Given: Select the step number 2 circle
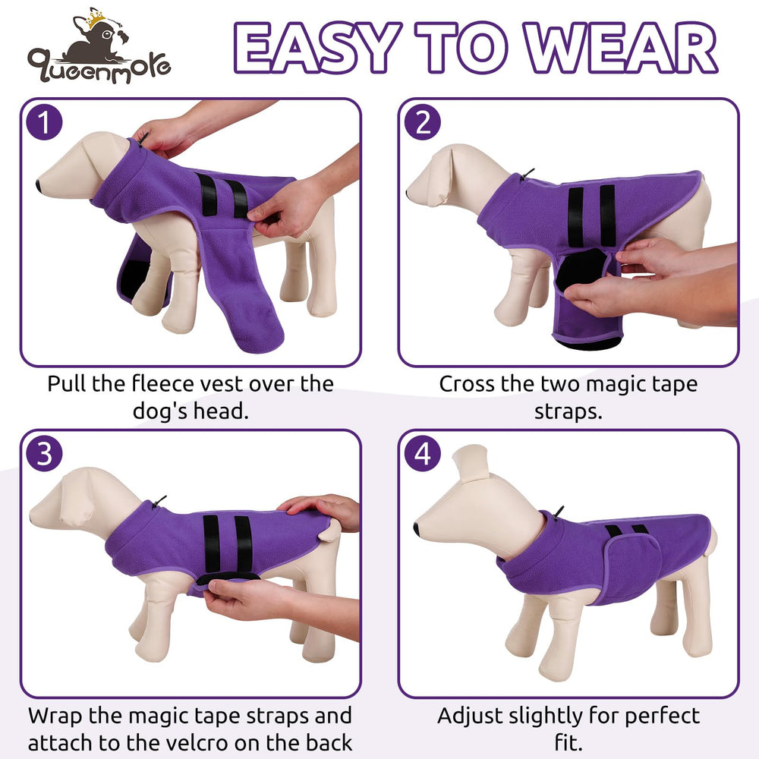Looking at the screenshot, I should click(422, 123).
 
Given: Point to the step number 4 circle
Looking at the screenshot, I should click(422, 454).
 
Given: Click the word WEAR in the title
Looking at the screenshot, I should click(623, 50).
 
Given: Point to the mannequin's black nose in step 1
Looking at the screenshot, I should click(39, 184).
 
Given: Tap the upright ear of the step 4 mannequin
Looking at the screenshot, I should click(470, 463).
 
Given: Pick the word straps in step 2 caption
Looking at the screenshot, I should click(567, 410).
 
